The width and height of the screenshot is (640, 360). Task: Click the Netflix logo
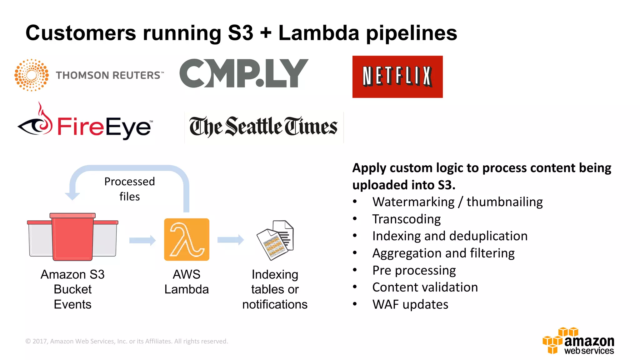pos(397,77)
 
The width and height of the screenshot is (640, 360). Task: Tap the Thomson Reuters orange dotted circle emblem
pos(32,75)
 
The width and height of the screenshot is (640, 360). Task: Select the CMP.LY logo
pos(244,73)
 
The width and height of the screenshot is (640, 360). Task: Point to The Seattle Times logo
pos(263,127)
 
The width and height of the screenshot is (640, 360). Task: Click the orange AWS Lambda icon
pos(187,239)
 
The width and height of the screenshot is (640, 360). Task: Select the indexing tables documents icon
pos(275,240)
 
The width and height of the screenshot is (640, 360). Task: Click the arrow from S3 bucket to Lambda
pos(142,240)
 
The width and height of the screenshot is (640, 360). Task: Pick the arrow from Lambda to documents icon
pos(230,240)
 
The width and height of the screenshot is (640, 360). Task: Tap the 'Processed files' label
pos(129,189)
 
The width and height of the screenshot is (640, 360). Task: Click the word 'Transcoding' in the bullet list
pos(406,219)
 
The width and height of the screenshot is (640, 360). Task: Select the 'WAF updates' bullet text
pos(410,304)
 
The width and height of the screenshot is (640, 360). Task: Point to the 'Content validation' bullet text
pos(425,287)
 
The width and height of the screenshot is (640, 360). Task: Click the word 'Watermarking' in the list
pos(413,202)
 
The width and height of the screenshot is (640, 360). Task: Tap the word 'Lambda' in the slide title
pos(319,33)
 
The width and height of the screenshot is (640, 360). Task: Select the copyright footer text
pos(127,341)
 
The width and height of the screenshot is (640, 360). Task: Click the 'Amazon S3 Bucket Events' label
pos(72,289)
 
